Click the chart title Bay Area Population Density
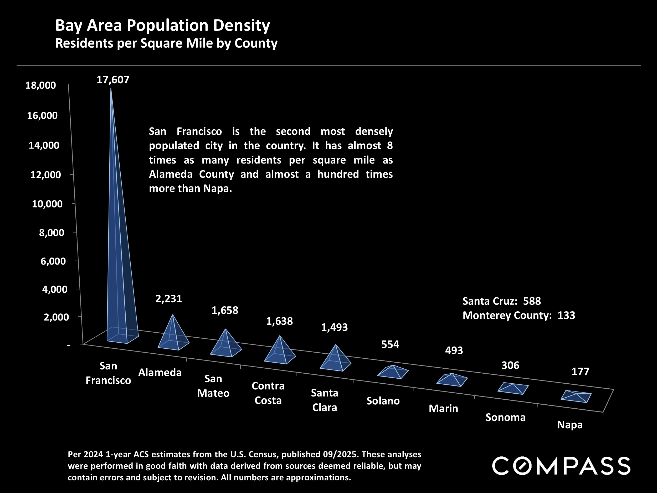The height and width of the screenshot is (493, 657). pyautogui.click(x=162, y=25)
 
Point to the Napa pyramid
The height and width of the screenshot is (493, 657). pyautogui.click(x=576, y=397)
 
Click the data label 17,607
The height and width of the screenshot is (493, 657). pyautogui.click(x=113, y=80)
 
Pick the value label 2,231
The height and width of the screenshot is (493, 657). pyautogui.click(x=169, y=299)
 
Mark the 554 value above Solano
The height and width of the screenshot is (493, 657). pyautogui.click(x=390, y=344)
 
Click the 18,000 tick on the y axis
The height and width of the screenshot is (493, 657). pyautogui.click(x=41, y=85)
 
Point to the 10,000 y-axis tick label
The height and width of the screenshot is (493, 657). pyautogui.click(x=47, y=204)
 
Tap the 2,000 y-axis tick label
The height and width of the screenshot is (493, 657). pyautogui.click(x=57, y=317)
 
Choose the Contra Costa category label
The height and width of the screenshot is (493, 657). pyautogui.click(x=268, y=393)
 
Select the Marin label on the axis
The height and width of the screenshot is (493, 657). pyautogui.click(x=443, y=409)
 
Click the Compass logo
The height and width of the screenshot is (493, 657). pyautogui.click(x=561, y=466)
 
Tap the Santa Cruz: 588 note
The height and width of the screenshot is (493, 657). pyautogui.click(x=502, y=301)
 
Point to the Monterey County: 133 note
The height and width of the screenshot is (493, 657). pyautogui.click(x=519, y=315)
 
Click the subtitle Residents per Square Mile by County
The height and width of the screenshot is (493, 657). pyautogui.click(x=166, y=43)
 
